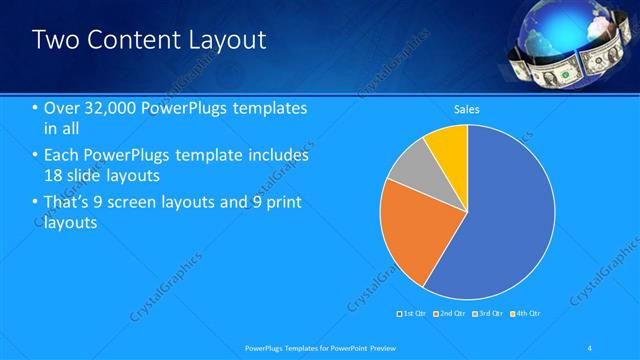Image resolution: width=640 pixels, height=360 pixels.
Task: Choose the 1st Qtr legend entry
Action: (x=412, y=314)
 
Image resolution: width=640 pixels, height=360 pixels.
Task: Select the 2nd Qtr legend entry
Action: (x=450, y=314)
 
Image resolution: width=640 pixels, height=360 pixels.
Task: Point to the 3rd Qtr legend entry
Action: (x=487, y=314)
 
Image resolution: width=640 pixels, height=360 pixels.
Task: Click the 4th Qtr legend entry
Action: (x=525, y=314)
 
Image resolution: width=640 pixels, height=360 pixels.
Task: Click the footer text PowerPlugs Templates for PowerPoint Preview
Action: (x=319, y=347)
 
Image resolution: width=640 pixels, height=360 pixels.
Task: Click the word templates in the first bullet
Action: (x=271, y=108)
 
